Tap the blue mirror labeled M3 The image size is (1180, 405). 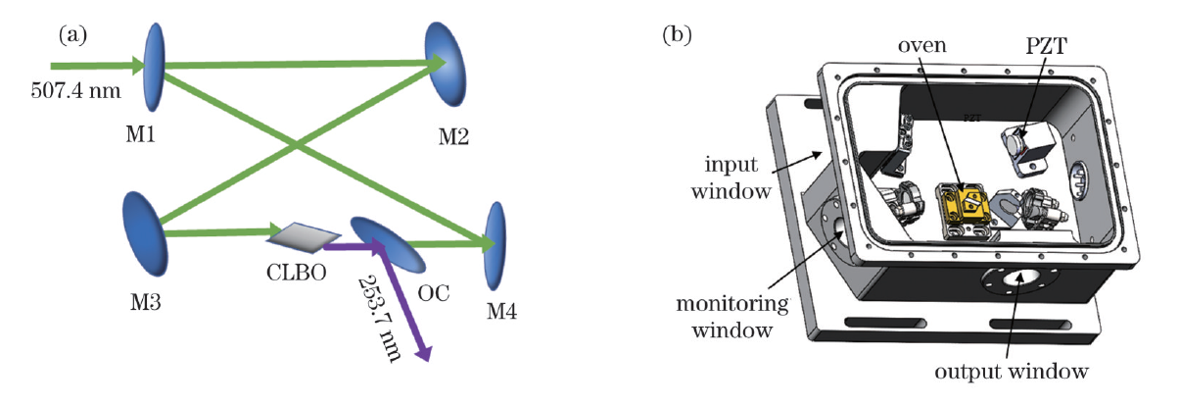[143, 233]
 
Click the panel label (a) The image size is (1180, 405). [74, 36]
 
